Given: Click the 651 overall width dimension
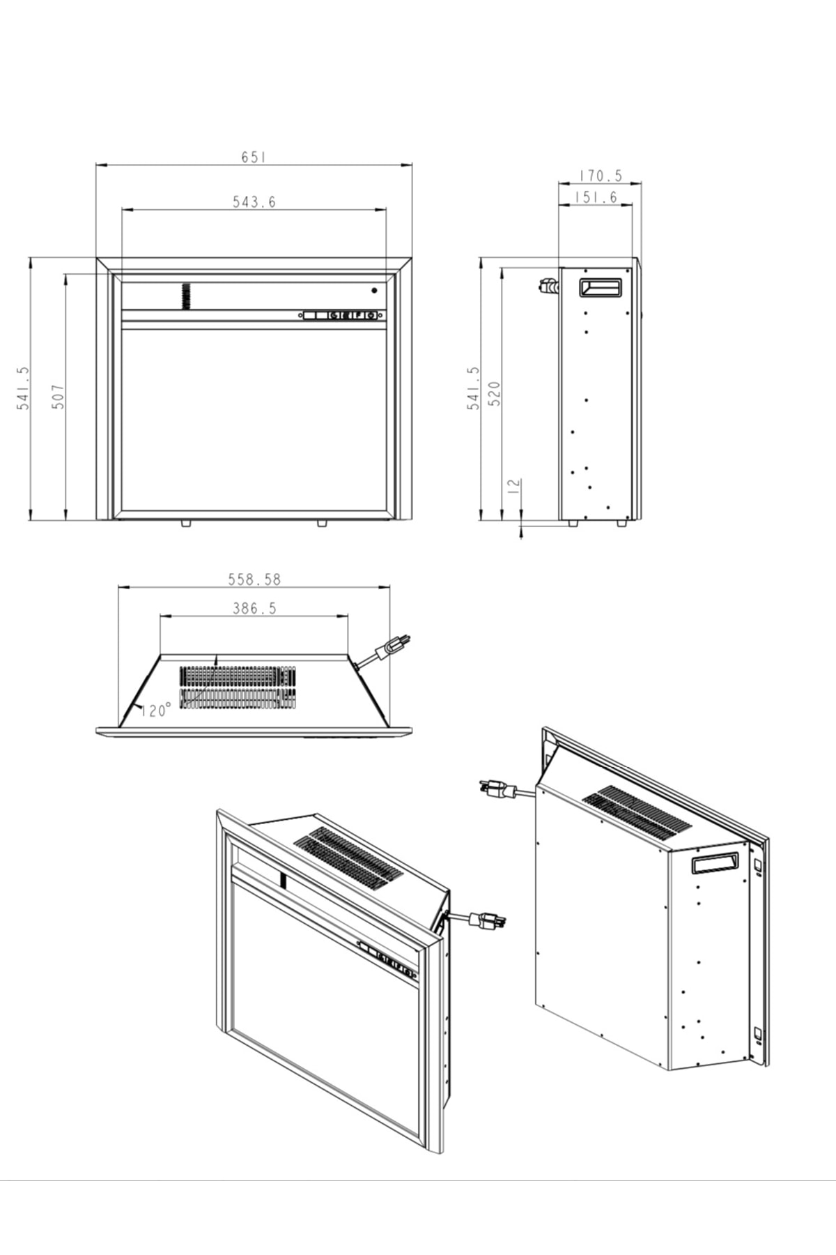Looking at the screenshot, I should tap(254, 157).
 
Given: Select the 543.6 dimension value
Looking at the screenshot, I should tap(254, 201).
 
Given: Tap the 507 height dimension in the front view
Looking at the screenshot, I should tap(59, 396).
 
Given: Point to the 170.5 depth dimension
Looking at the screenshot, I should tap(600, 176).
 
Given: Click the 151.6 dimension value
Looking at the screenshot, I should tap(596, 197).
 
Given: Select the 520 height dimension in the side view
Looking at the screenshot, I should tap(494, 394).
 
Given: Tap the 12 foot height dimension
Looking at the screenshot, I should tap(514, 486).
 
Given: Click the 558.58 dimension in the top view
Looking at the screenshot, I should tap(254, 579).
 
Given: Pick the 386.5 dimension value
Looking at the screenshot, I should tap(254, 609).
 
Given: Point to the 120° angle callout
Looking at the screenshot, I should tap(156, 710).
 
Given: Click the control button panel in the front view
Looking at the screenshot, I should tap(342, 315).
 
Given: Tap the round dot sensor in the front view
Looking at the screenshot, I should tap(374, 290).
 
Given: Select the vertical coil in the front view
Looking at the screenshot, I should tap(186, 296).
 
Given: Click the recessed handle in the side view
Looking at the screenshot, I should tap(600, 287).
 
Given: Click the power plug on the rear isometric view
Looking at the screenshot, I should tap(497, 789).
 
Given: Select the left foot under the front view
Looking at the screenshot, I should tap(186, 523).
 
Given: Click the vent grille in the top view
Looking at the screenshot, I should tap(238, 687).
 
